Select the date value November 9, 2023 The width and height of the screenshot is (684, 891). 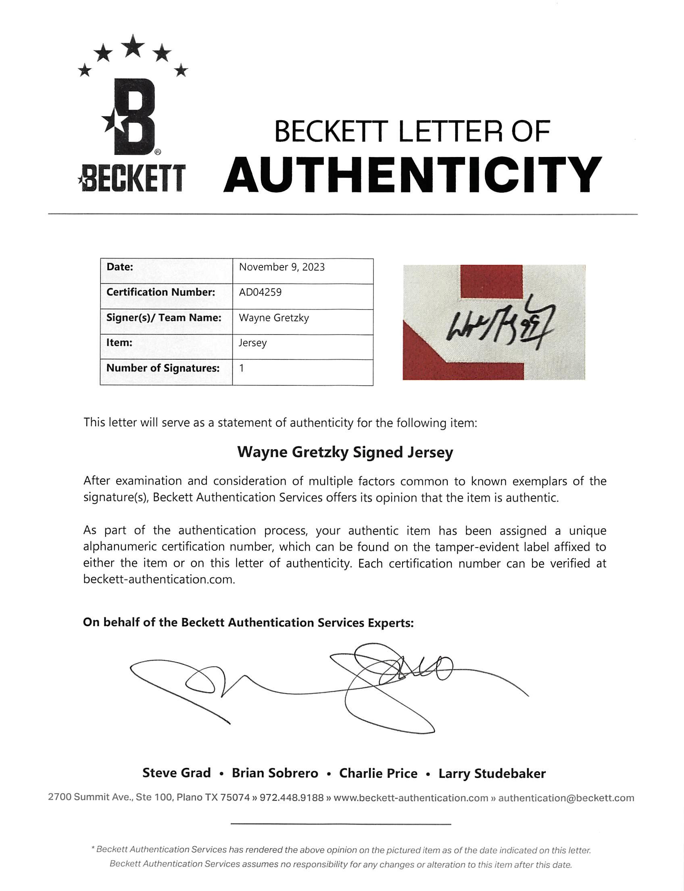click(282, 267)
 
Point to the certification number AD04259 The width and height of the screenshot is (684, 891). click(260, 292)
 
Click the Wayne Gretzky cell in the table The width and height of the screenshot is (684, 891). click(274, 318)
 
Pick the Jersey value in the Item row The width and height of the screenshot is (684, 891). click(252, 343)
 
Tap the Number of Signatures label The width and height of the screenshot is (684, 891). click(163, 368)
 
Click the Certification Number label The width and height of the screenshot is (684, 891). click(161, 292)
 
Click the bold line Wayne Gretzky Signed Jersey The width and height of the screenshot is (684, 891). click(345, 452)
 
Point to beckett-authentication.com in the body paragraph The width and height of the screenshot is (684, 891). click(159, 579)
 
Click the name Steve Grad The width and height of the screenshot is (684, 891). click(176, 773)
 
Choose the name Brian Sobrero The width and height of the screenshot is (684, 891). click(275, 773)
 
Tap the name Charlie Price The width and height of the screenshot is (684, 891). click(378, 773)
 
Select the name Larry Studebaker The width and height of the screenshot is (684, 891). click(492, 773)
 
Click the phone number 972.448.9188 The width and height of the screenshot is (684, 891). click(292, 798)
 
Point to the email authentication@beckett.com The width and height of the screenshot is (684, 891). click(566, 798)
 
